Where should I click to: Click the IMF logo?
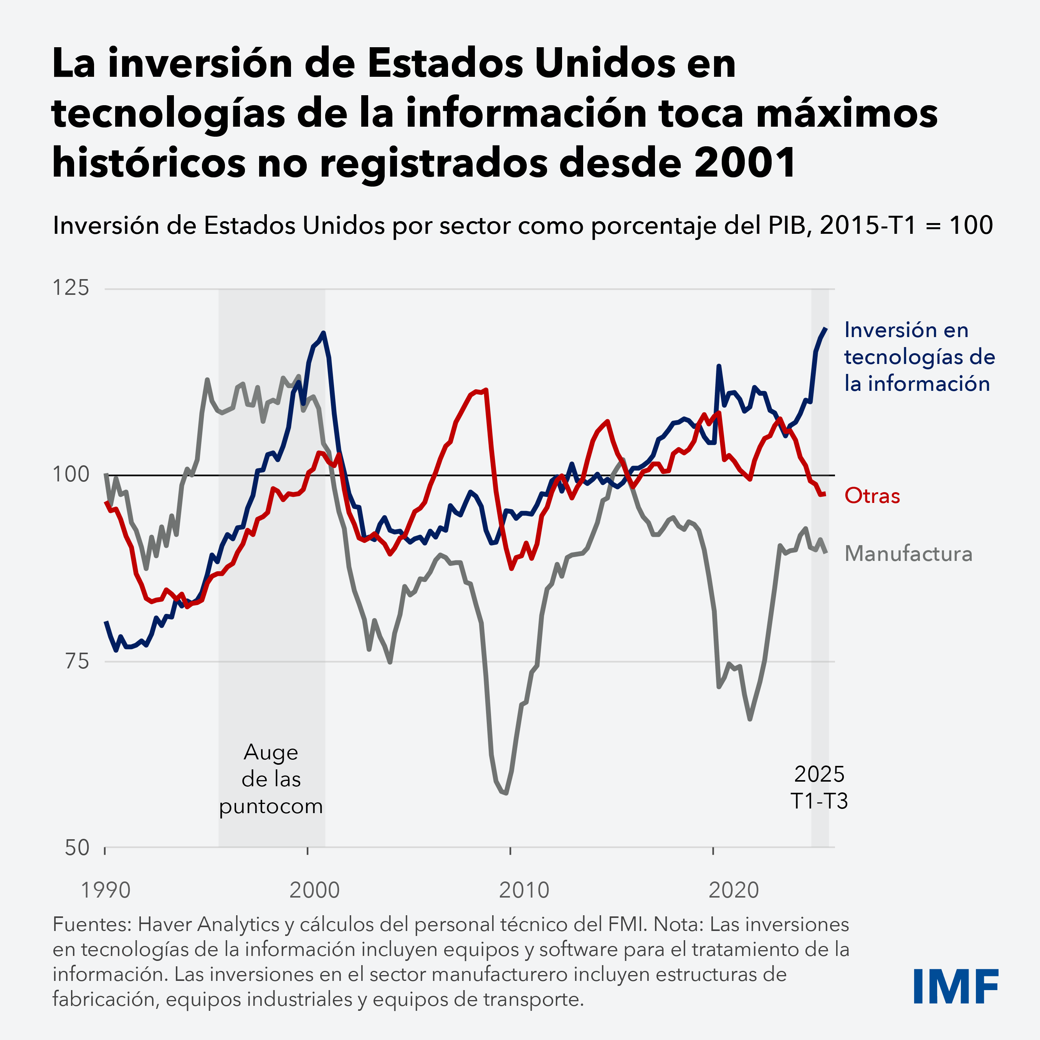coord(956,986)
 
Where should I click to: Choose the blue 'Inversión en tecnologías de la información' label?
coord(919,357)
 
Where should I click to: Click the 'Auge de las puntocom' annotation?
coord(271,779)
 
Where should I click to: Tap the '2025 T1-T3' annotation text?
coord(819,787)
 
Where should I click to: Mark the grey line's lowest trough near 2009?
coord(506,793)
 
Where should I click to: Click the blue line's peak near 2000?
coord(323,333)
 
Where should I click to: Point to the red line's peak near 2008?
coord(486,390)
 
